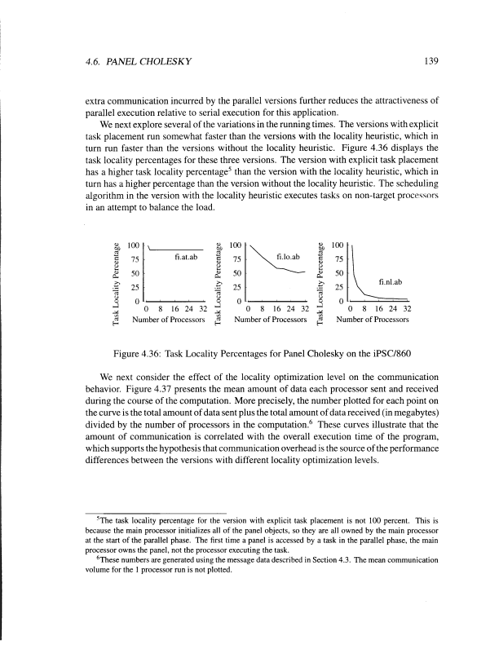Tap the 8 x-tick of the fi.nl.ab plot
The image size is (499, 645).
364,310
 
